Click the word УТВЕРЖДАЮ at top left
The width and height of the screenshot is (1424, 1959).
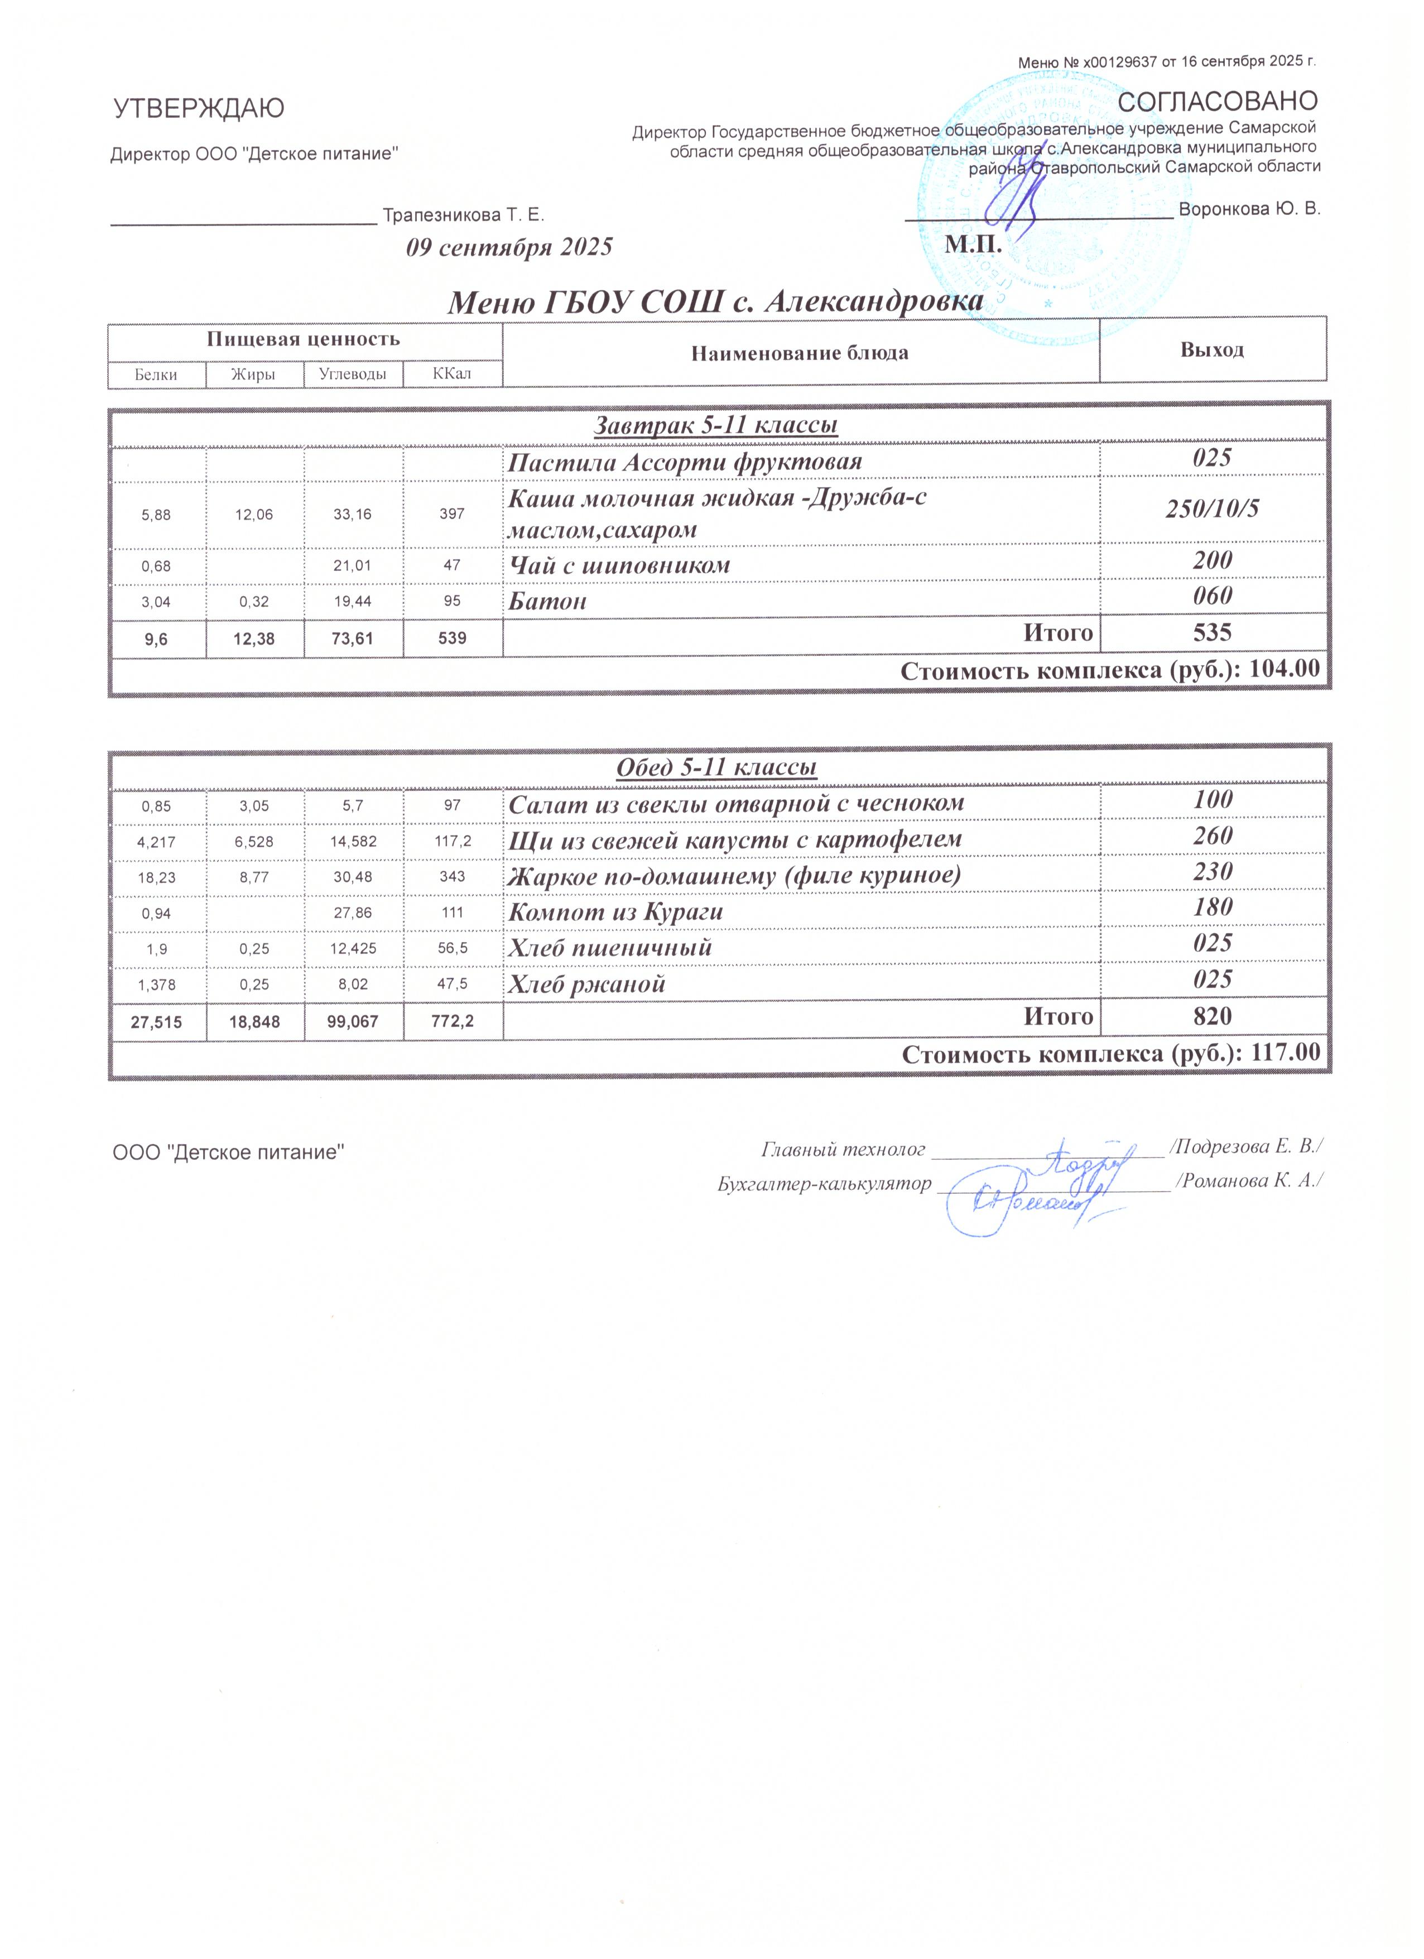[x=199, y=109]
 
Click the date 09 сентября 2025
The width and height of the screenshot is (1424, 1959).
[x=509, y=248]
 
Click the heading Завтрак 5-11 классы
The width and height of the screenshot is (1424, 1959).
[x=716, y=425]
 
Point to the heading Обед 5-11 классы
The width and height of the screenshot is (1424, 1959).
[x=716, y=767]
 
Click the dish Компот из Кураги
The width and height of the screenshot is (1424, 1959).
[x=615, y=911]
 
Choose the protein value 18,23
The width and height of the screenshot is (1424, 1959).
[x=156, y=877]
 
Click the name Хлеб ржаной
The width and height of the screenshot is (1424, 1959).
[x=586, y=984]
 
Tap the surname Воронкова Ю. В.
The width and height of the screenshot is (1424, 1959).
[x=1249, y=209]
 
